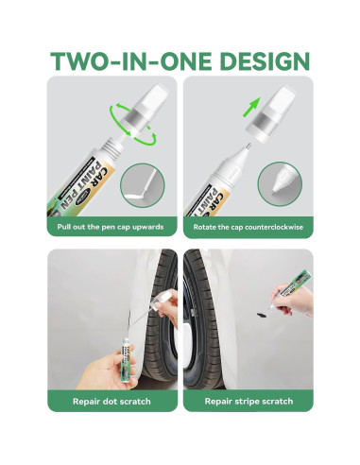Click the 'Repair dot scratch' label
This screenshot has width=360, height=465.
coord(111,402)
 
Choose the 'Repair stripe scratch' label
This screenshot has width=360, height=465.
coord(249,402)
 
